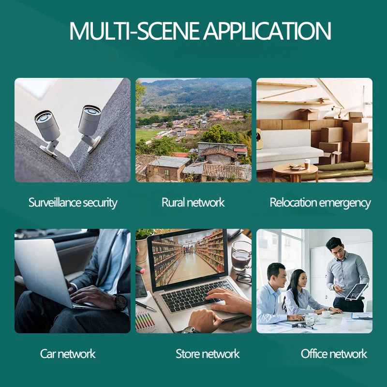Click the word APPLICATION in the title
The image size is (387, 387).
[x=267, y=31]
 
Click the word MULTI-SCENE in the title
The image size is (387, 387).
[x=134, y=31]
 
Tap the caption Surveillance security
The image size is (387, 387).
[x=73, y=202]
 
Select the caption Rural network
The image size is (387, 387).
[x=193, y=202]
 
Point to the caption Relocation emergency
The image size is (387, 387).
[x=320, y=203]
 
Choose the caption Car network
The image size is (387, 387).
[x=68, y=354]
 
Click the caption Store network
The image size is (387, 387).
[x=208, y=354]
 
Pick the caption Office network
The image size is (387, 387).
[x=334, y=354]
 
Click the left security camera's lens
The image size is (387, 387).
[x=42, y=117]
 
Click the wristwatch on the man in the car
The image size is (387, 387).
[x=120, y=302]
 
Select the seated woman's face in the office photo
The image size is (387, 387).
[x=297, y=280]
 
